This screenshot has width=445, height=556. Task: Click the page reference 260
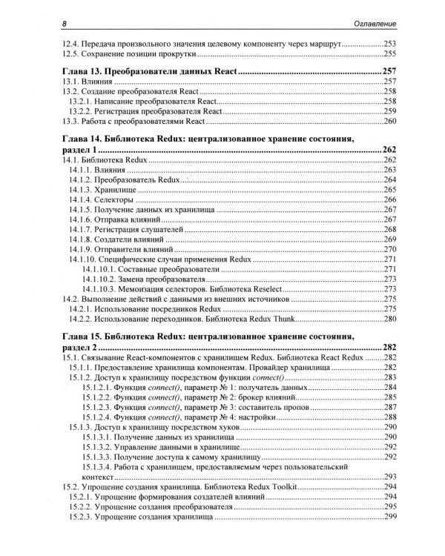[390, 121]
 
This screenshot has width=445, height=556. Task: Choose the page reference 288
[390, 418]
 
